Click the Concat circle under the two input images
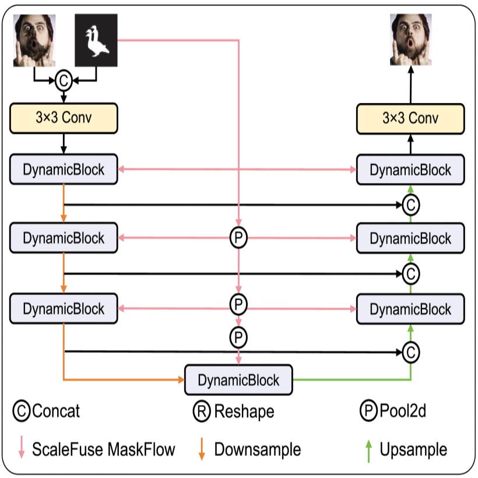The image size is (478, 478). (x=64, y=82)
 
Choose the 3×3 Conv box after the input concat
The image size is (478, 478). (x=64, y=118)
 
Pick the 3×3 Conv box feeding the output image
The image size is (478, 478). (x=410, y=118)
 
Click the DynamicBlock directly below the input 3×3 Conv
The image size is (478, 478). (x=64, y=170)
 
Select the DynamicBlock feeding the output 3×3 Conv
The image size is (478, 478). (x=410, y=170)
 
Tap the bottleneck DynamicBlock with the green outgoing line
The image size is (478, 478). (x=238, y=380)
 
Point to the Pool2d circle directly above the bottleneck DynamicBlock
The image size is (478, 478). (x=238, y=336)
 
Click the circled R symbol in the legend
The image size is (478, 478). (x=202, y=412)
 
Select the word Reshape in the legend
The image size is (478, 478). (x=244, y=412)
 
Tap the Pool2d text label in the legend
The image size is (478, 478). (x=402, y=412)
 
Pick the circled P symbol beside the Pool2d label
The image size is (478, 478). (x=368, y=412)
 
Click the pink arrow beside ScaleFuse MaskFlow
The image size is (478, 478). (x=21, y=449)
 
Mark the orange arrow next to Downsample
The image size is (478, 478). (x=202, y=449)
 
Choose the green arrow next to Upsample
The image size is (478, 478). (x=368, y=449)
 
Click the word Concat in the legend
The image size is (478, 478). (x=56, y=412)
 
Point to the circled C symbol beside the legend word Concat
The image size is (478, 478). (x=21, y=412)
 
